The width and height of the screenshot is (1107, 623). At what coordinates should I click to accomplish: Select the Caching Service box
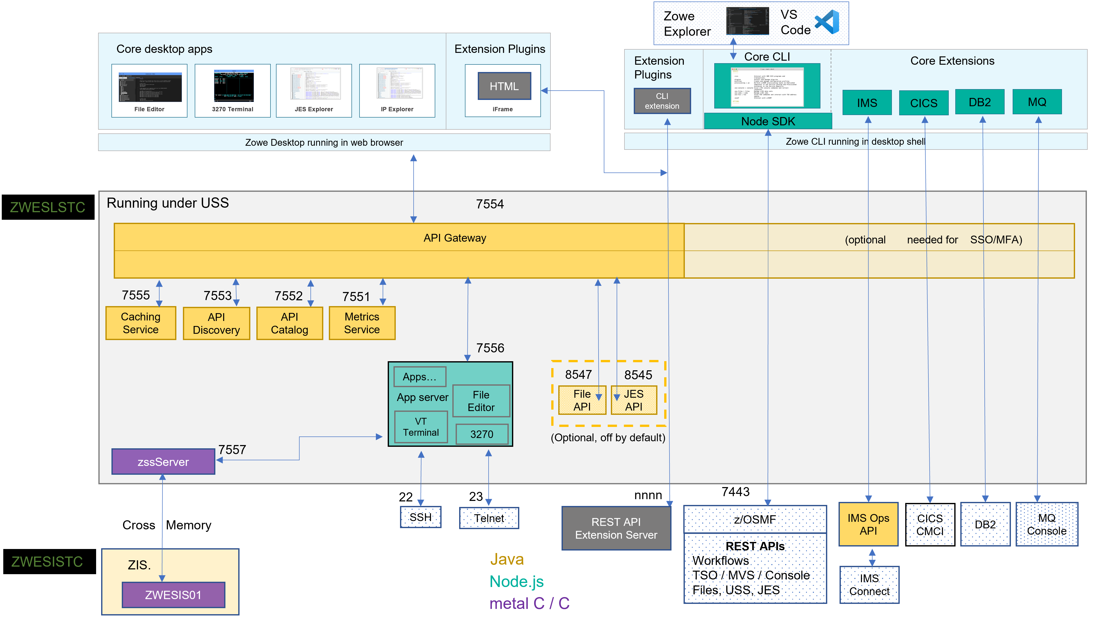click(141, 323)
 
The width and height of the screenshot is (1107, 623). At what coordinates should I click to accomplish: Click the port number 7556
click(490, 348)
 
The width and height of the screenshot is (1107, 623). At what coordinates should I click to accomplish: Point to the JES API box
click(634, 400)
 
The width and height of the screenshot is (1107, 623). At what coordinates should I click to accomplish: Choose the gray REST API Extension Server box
click(616, 528)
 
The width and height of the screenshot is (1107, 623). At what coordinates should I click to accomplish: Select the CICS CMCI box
click(930, 525)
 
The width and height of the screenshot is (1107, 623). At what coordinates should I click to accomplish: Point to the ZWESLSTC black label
click(48, 207)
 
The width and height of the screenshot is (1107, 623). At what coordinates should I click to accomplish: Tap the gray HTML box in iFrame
click(504, 86)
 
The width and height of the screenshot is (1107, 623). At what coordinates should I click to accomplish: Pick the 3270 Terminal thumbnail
click(233, 86)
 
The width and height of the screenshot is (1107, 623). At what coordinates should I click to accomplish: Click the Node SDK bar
click(768, 121)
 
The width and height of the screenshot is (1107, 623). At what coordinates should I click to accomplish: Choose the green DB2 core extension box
click(979, 102)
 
